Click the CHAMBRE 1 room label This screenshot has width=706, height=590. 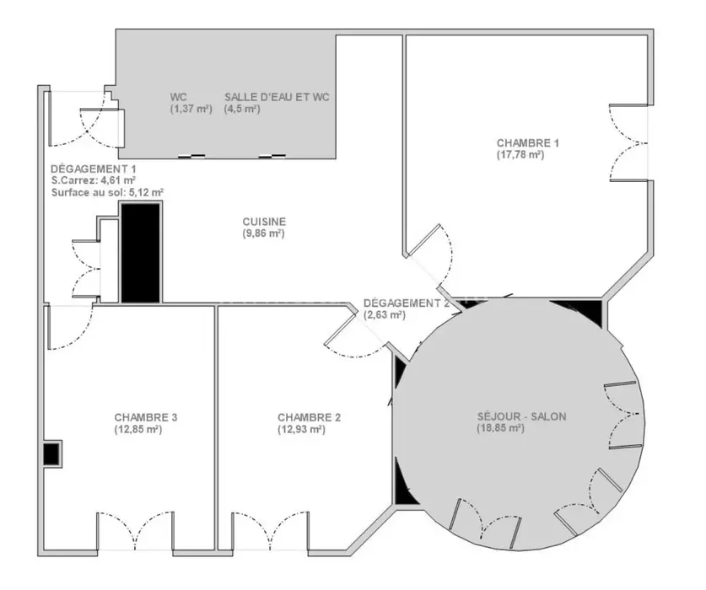528,143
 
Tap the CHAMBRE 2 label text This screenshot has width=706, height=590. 309,417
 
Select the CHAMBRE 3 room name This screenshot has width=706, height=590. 146,417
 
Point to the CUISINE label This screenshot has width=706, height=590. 264,222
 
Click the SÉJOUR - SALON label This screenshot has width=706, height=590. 522,416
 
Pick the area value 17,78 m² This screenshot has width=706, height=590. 520,155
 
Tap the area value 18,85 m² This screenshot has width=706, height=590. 501,428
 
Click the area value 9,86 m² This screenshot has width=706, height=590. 263,233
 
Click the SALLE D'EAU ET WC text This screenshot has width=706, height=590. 277,97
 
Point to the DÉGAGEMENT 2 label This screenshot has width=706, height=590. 406,303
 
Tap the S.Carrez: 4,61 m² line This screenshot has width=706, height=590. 94,180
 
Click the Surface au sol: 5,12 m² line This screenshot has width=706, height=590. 107,192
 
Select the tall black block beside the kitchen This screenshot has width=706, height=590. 141,252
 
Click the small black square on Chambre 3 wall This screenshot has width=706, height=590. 51,453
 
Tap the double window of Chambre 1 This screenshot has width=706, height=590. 629,143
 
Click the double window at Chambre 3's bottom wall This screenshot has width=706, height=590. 136,531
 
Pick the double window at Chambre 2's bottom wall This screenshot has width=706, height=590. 270,531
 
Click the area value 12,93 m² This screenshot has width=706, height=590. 301,429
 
